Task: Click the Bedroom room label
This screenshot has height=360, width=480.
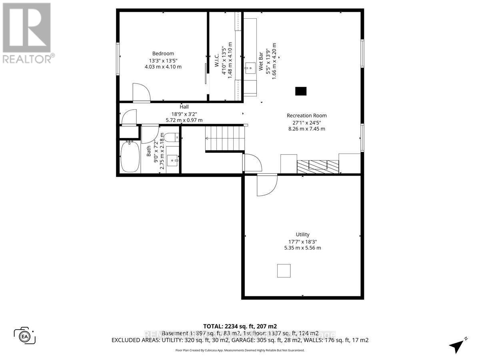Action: coord(163,54)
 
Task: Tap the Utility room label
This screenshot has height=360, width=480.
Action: coord(302,234)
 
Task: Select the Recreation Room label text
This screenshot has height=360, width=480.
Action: coord(306,116)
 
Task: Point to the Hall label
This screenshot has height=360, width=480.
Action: coord(184,107)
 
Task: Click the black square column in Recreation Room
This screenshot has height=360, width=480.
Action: coord(301,91)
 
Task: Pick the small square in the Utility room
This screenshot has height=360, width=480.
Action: coord(284,271)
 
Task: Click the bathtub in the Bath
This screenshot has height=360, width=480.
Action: coord(130,157)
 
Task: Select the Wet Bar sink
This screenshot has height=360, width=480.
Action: coord(250,67)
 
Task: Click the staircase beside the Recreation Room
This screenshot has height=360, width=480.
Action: coord(224,138)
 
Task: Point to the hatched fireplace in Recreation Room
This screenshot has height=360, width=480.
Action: coord(318,165)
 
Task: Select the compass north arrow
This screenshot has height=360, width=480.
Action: coord(457,345)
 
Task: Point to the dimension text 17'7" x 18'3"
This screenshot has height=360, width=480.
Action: coord(302,241)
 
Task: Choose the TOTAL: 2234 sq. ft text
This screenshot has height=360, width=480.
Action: coord(240,326)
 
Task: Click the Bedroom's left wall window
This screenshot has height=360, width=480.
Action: coord(118,58)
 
